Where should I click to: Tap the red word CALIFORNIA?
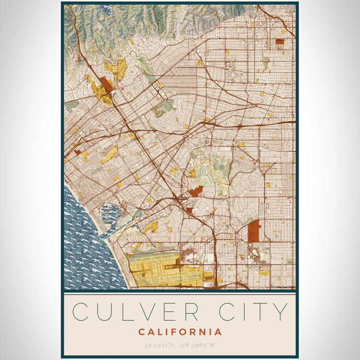click(x=179, y=332)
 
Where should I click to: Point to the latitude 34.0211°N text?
click(x=156, y=345)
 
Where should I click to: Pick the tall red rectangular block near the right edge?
click(x=254, y=231)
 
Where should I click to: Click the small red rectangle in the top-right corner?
click(x=280, y=42)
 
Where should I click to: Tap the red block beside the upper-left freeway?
click(x=107, y=85)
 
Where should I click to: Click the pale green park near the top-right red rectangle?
click(x=265, y=62)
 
